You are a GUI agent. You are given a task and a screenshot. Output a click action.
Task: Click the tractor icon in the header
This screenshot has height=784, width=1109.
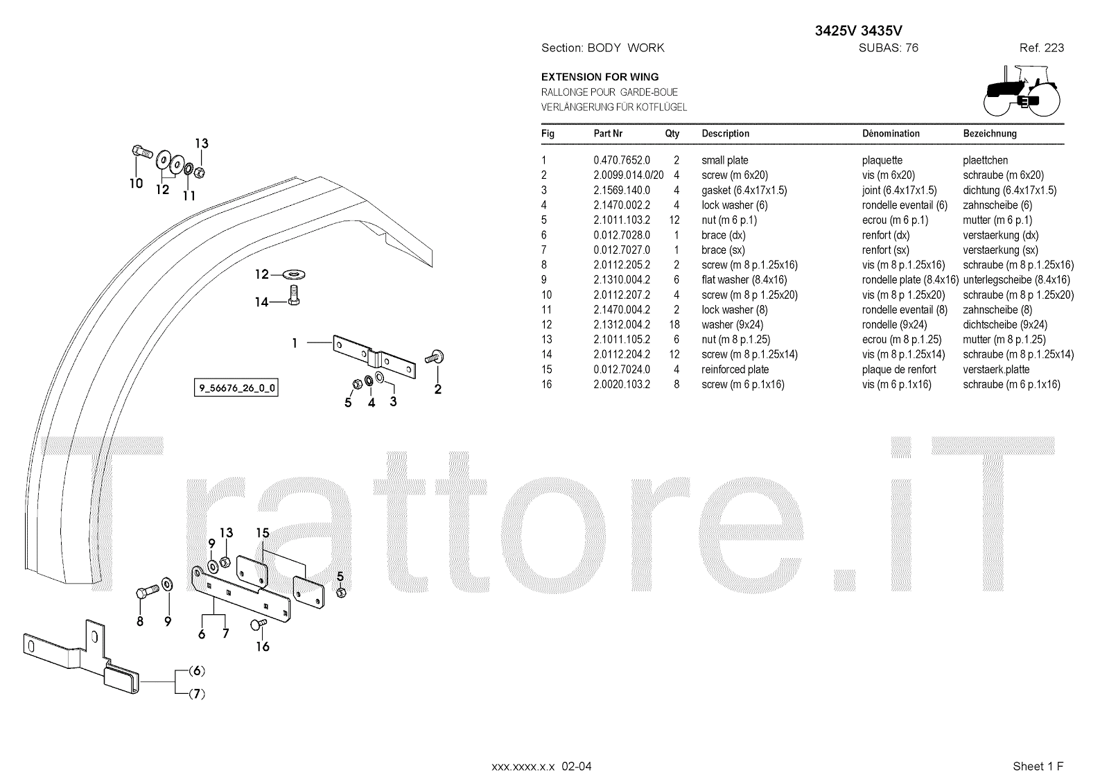pos(1022,90)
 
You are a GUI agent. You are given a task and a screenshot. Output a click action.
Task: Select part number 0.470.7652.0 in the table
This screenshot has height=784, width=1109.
pos(622,160)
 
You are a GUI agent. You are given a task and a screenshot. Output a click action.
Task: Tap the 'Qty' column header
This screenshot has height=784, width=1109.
pos(672,134)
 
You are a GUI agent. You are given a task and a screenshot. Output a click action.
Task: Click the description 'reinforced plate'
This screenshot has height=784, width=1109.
pos(735,369)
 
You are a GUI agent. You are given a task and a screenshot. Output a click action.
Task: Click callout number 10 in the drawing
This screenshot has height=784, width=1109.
pos(136,183)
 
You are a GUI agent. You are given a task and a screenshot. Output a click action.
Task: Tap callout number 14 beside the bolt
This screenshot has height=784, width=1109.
pos(261,302)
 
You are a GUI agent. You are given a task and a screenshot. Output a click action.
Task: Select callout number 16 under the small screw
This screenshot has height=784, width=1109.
pos(263,647)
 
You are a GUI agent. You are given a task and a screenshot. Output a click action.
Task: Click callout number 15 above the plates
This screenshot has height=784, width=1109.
pos(262,533)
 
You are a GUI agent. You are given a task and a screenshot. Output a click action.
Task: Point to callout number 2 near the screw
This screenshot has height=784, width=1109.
pos(437,390)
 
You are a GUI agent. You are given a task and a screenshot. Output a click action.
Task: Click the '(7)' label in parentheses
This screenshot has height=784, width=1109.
pos(198,693)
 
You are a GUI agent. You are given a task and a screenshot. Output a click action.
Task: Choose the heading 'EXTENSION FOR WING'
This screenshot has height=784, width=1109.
pos(600,77)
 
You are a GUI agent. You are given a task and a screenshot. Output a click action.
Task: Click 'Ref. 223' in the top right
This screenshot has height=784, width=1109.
pos(1041,48)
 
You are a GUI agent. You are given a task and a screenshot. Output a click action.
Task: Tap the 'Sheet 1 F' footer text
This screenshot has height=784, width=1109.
pos(1038,766)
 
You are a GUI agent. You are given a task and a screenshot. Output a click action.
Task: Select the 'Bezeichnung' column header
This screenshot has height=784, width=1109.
pos(989,134)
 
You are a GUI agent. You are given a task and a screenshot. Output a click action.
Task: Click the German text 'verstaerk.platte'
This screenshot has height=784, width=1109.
pos(996,369)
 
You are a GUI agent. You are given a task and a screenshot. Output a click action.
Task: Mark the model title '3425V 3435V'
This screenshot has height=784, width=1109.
pos(858,31)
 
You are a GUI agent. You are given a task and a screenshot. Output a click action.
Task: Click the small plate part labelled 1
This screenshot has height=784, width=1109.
pos(374,357)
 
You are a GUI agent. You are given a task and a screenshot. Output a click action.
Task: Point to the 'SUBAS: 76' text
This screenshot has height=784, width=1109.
pos(888,48)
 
